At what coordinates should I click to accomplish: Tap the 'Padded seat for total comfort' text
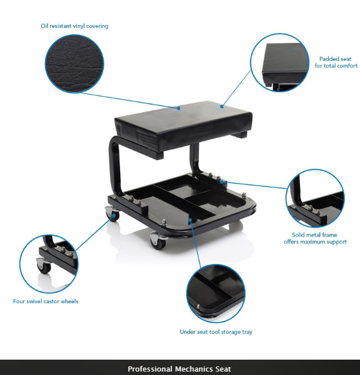click(335, 62)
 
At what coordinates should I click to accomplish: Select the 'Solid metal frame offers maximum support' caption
click(315, 238)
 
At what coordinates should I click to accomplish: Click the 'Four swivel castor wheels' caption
click(46, 301)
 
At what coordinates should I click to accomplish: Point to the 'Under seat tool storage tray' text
click(215, 332)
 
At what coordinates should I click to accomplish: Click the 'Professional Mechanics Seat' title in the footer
click(179, 369)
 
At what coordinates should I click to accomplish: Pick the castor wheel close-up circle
click(47, 263)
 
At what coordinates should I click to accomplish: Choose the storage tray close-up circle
click(216, 293)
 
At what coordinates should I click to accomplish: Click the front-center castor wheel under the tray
click(158, 241)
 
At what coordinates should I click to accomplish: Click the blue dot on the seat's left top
click(178, 107)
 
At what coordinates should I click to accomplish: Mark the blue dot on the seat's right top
click(222, 105)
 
